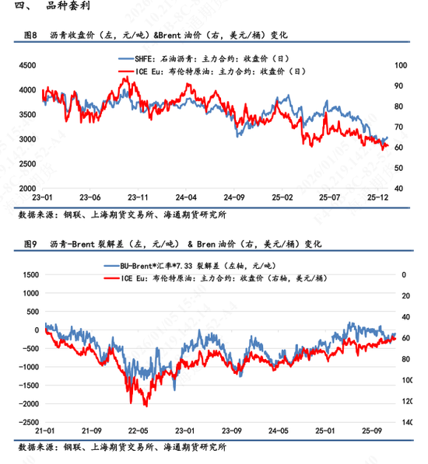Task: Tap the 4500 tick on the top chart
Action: (x=26, y=67)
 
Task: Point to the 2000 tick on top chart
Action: (x=26, y=189)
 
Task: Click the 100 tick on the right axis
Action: (x=401, y=65)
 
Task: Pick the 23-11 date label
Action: (x=139, y=198)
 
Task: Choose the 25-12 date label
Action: (x=379, y=198)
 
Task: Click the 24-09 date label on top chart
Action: (x=235, y=198)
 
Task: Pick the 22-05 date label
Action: (x=139, y=431)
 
